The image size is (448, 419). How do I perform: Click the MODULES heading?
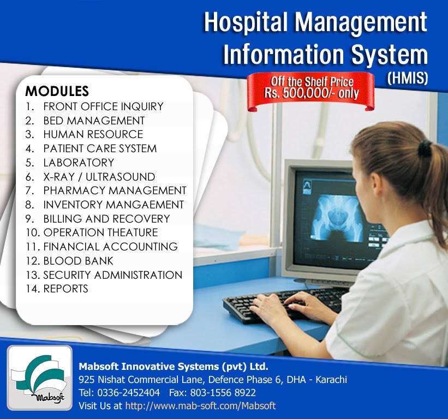tap(57, 91)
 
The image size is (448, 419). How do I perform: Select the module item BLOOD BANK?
tap(78, 261)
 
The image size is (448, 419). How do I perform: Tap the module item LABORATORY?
tap(79, 163)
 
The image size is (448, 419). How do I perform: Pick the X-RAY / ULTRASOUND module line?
tap(99, 177)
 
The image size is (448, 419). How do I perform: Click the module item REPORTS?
tap(65, 289)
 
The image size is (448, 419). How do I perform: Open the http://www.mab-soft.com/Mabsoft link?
tap(200, 406)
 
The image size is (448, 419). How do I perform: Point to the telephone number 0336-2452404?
tap(128, 393)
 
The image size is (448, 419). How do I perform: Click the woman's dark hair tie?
tap(425, 147)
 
